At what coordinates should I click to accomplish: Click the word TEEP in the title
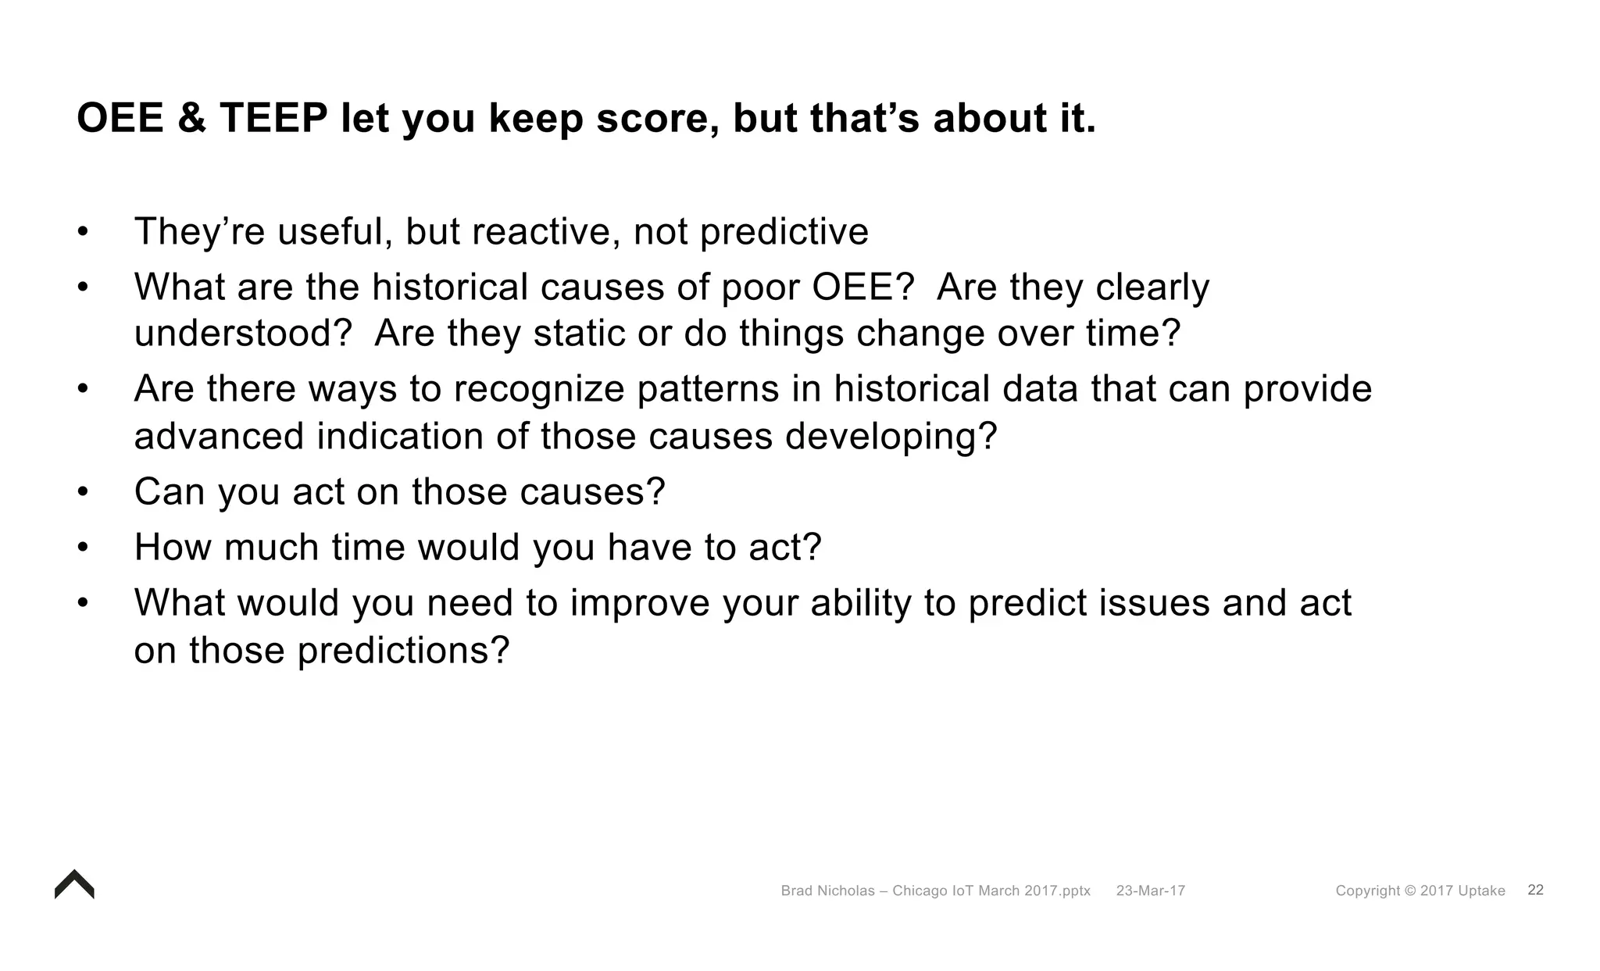tap(273, 119)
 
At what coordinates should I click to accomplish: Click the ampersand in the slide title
tap(191, 119)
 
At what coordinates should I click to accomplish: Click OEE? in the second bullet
tap(862, 287)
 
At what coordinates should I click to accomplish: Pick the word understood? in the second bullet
tap(244, 334)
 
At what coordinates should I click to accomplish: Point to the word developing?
tap(891, 436)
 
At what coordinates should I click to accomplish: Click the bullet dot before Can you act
tap(84, 492)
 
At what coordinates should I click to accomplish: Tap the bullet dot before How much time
tap(84, 548)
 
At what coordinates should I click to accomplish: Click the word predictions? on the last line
tap(403, 651)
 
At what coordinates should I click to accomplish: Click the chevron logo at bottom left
tap(74, 885)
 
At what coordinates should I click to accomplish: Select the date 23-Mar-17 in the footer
tap(1150, 891)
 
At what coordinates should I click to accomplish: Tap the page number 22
tap(1535, 891)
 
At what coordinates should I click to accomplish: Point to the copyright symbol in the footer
tap(1409, 891)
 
